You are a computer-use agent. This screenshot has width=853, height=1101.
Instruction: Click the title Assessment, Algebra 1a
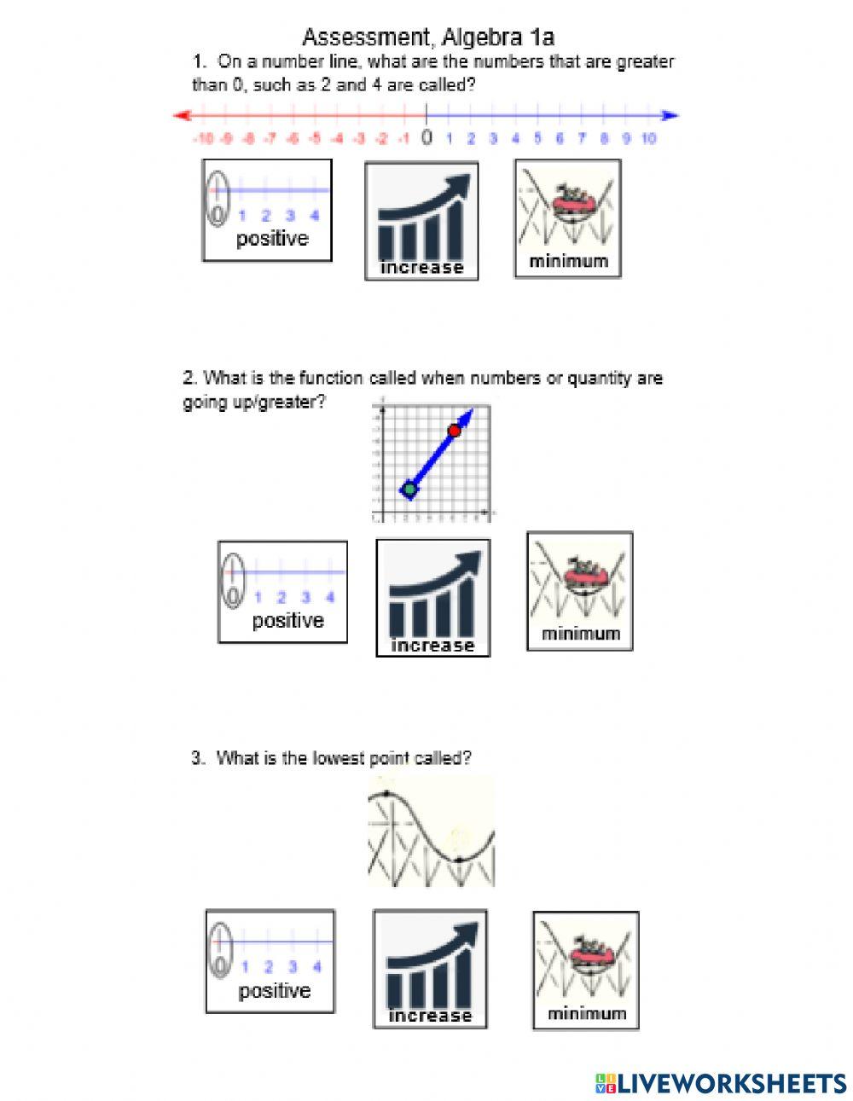[428, 37]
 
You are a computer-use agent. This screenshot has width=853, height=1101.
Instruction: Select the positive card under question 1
[267, 210]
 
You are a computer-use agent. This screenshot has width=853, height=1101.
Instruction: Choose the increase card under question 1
[421, 221]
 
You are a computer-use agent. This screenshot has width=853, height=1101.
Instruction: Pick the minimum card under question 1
[567, 218]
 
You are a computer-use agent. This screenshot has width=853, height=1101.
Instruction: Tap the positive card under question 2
[282, 591]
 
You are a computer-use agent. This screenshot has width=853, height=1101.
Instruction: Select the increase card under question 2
[432, 598]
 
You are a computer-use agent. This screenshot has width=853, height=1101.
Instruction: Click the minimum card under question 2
[579, 591]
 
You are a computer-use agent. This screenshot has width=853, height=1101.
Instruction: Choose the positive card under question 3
[270, 960]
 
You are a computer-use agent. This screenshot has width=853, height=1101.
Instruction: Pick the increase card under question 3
[430, 968]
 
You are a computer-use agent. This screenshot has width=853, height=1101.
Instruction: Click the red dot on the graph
[455, 431]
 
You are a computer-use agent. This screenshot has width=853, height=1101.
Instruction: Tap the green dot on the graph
[409, 489]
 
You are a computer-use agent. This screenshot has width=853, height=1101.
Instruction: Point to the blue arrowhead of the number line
[671, 115]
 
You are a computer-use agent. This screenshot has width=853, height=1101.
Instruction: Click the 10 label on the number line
[648, 138]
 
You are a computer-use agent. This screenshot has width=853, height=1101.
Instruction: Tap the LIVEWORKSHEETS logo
[721, 1083]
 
